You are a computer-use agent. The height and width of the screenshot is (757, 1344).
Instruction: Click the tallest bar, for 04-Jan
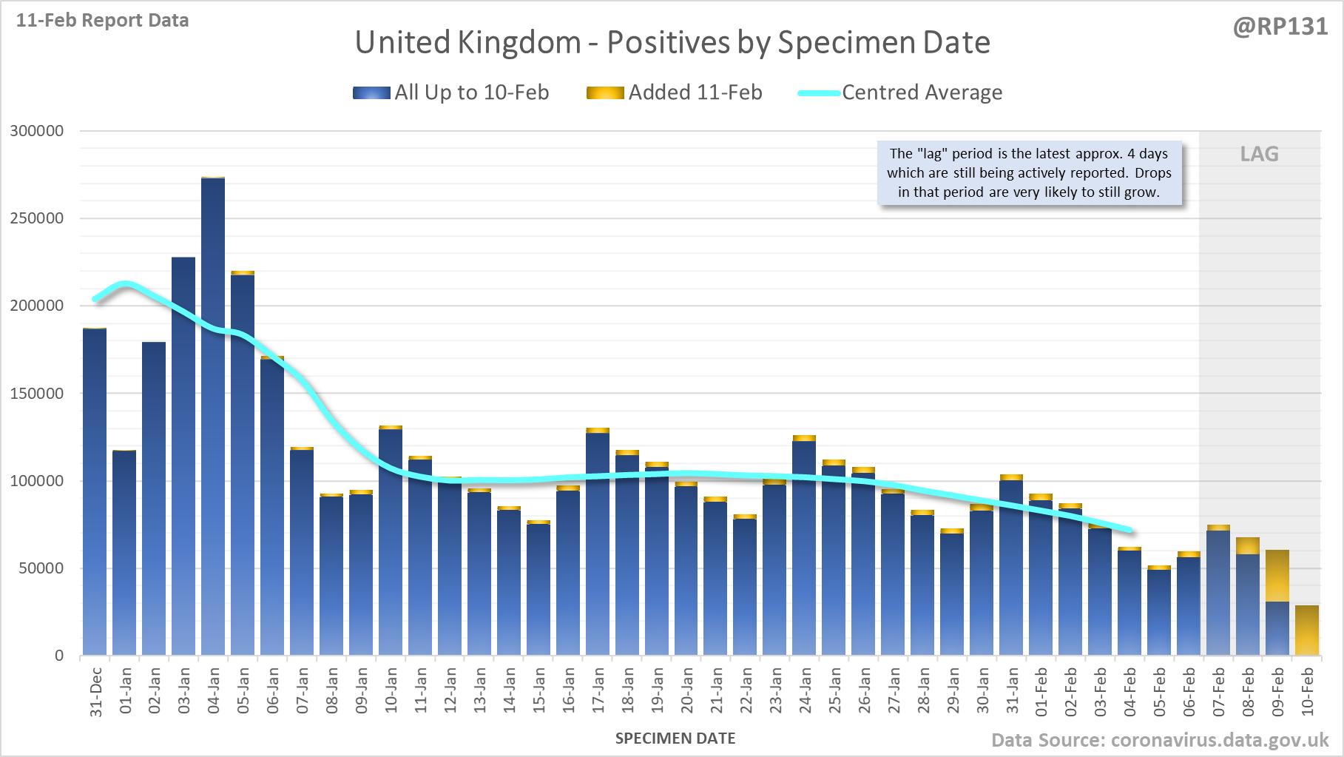pyautogui.click(x=213, y=414)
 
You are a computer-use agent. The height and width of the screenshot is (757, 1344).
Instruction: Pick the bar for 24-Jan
pyautogui.click(x=804, y=548)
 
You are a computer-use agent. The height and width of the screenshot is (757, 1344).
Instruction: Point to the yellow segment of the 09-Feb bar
pyautogui.click(x=1277, y=576)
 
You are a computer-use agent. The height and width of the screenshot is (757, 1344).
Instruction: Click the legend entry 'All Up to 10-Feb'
pyautogui.click(x=451, y=92)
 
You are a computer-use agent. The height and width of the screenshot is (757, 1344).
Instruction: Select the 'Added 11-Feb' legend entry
pyautogui.click(x=675, y=92)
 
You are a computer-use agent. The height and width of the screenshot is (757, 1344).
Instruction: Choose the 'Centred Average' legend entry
pyautogui.click(x=900, y=92)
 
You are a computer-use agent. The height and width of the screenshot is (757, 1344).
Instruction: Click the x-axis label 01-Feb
pyautogui.click(x=1041, y=691)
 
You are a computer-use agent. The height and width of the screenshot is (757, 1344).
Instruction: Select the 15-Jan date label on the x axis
pyautogui.click(x=539, y=691)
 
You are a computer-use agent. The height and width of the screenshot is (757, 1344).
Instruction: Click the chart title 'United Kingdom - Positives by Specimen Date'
pyautogui.click(x=672, y=42)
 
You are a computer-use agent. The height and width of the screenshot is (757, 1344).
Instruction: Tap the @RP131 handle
pyautogui.click(x=1280, y=27)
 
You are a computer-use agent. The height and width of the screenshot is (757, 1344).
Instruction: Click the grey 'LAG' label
pyautogui.click(x=1259, y=154)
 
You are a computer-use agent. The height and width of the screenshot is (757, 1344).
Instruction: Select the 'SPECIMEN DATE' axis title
pyautogui.click(x=675, y=739)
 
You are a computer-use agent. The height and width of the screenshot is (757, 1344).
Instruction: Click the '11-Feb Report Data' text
pyautogui.click(x=102, y=21)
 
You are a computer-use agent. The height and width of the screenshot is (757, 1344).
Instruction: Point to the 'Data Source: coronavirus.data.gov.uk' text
pyautogui.click(x=1160, y=740)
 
